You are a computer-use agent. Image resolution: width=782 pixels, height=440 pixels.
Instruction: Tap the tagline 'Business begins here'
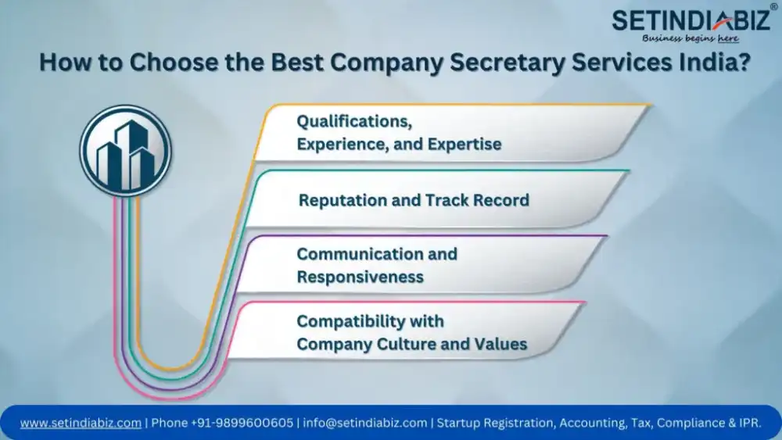(x=691, y=38)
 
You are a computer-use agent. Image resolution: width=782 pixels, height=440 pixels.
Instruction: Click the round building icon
(x=126, y=151)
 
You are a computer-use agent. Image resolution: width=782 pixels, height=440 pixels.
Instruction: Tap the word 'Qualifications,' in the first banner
(x=354, y=121)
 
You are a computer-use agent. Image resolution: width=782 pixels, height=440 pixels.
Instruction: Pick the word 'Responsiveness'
(x=360, y=277)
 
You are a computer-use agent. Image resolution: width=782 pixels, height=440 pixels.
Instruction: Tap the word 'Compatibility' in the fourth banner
(x=350, y=321)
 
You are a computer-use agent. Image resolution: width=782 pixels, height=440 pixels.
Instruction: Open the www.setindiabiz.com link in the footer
(x=81, y=423)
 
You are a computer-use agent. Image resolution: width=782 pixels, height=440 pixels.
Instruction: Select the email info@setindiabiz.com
(x=365, y=423)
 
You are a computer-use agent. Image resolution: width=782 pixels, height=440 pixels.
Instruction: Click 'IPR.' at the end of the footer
(x=751, y=423)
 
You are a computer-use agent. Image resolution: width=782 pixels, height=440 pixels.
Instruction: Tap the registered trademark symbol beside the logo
(x=773, y=6)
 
